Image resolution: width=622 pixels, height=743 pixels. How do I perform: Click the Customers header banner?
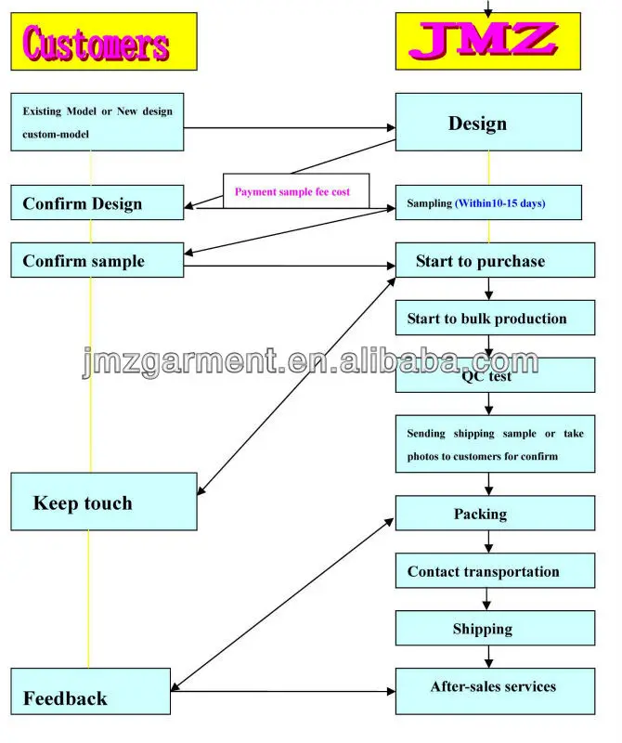[x=104, y=42]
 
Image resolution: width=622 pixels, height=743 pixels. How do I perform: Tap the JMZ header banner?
[x=488, y=41]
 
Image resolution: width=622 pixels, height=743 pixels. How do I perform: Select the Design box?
[x=488, y=123]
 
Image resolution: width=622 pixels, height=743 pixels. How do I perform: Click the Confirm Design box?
[x=97, y=202]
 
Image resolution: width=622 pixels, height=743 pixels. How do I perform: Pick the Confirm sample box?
[x=97, y=260]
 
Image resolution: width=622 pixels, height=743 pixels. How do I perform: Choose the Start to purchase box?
[x=495, y=260]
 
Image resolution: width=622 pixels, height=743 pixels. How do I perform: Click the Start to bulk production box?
[x=495, y=318]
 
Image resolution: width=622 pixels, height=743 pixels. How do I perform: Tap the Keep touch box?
[x=104, y=502]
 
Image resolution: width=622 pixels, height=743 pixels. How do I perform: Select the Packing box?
[x=495, y=514]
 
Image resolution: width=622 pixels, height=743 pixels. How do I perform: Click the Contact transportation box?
[x=495, y=570]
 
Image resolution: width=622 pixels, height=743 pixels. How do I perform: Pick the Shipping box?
[x=495, y=629]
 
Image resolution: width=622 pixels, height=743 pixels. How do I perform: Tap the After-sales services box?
[x=495, y=691]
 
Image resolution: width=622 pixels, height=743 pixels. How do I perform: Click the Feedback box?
[x=90, y=691]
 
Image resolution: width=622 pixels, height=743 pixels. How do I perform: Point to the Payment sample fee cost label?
[x=292, y=192]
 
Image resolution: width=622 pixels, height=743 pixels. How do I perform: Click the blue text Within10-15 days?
[x=499, y=203]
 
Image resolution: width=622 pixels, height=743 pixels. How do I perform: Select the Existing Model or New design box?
[x=97, y=123]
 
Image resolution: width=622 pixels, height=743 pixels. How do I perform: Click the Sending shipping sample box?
[x=495, y=444]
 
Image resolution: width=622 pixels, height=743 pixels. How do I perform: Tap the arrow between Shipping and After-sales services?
[x=488, y=657]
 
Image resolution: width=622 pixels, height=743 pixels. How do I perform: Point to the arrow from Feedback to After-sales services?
[x=283, y=691]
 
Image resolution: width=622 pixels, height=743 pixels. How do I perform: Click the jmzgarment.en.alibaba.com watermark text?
[x=310, y=362]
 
